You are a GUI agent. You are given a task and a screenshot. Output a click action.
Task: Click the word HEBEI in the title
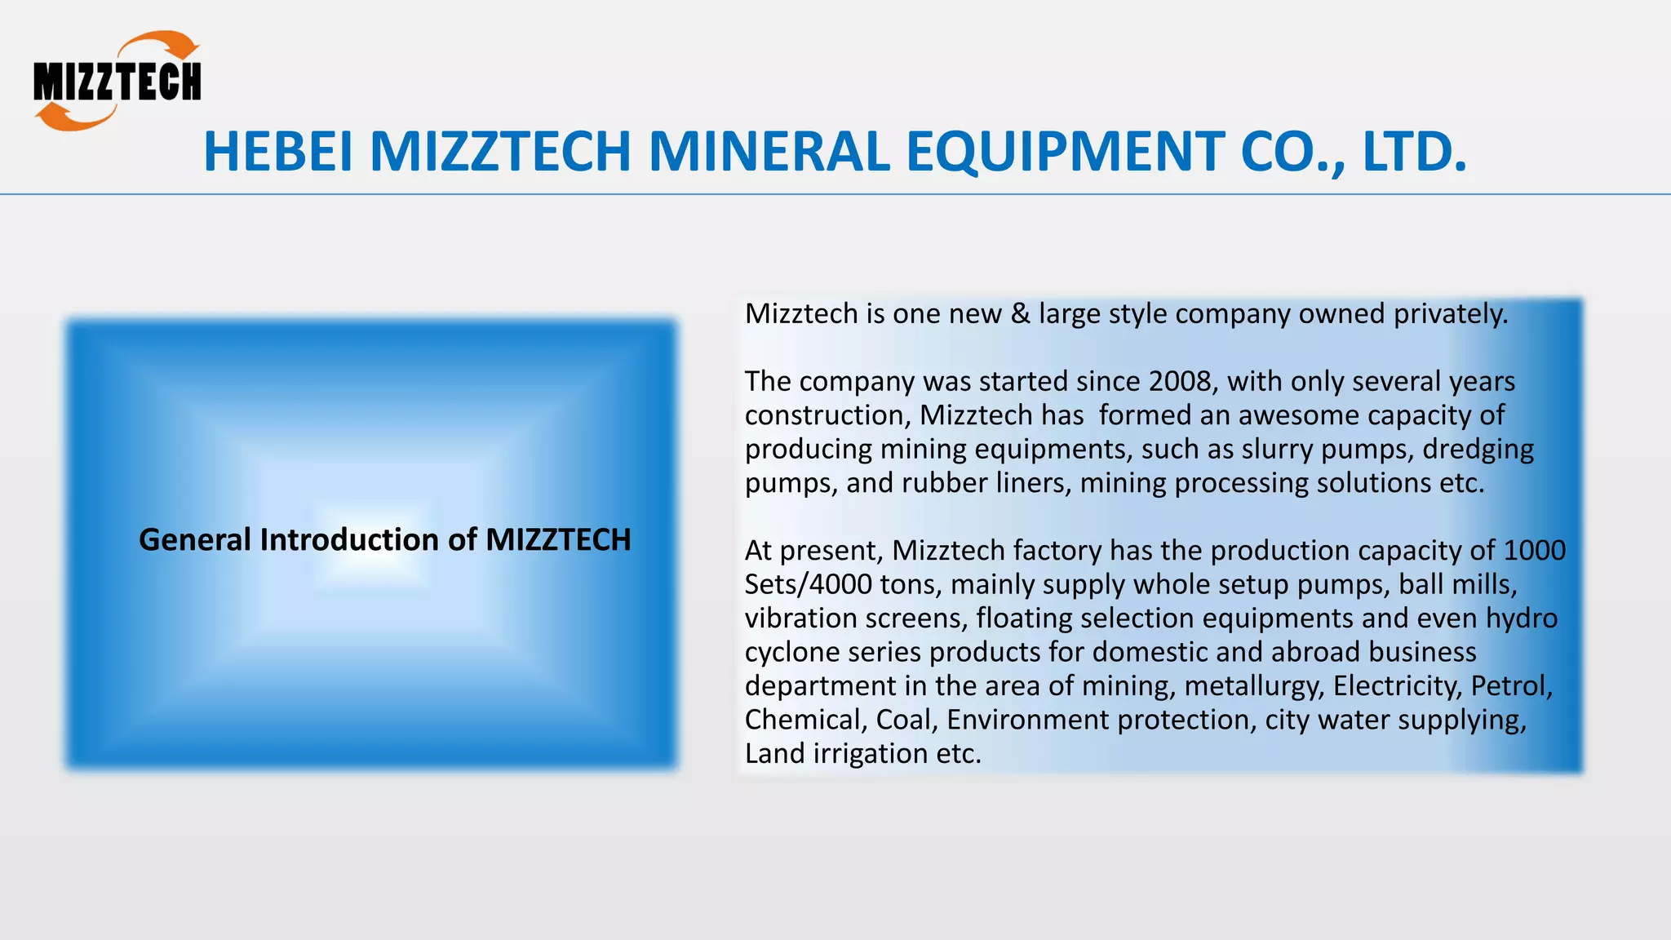coord(278,152)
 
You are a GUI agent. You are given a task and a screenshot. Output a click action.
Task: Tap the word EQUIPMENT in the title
coord(1064,152)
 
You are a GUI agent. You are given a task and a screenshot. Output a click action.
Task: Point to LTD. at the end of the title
coord(1415,152)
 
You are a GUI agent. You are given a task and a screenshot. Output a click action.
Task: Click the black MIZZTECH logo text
coord(117,82)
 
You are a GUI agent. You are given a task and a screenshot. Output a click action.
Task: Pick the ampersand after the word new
coord(1020,313)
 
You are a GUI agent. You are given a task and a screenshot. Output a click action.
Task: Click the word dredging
coord(1478,449)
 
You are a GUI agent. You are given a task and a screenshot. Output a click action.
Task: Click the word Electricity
coord(1398,685)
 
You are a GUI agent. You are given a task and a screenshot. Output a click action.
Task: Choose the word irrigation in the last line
coord(871,753)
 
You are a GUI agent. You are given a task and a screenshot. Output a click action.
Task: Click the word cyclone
coord(791,652)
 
